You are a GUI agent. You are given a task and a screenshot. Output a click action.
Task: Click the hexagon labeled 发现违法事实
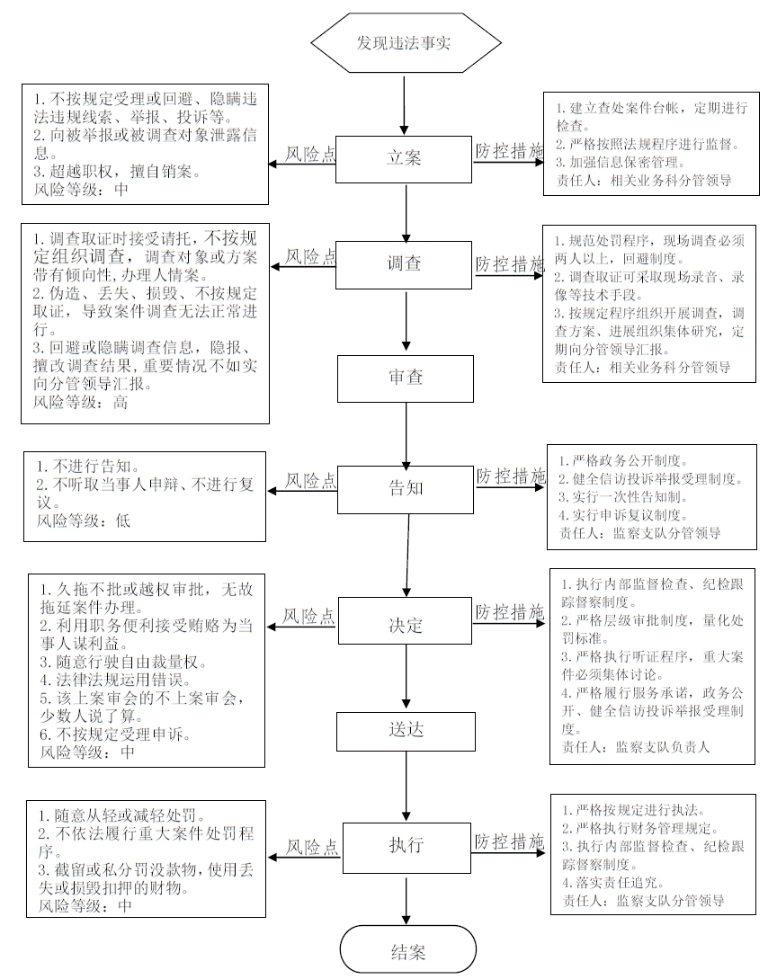pyautogui.click(x=406, y=43)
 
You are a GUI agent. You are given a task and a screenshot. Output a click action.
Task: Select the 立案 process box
pyautogui.click(x=404, y=158)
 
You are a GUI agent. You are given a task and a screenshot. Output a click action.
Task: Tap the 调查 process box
pyautogui.click(x=404, y=264)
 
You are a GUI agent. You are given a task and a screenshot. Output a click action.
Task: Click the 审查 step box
pyautogui.click(x=406, y=378)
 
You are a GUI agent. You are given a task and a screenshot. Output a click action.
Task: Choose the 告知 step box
pyautogui.click(x=406, y=489)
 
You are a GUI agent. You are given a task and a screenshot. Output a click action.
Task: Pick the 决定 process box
pyautogui.click(x=406, y=620)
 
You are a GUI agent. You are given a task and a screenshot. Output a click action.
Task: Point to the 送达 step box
pyautogui.click(x=406, y=731)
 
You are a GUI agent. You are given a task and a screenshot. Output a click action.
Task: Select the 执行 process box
pyautogui.click(x=406, y=848)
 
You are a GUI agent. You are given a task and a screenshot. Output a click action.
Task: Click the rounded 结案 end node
pyautogui.click(x=408, y=951)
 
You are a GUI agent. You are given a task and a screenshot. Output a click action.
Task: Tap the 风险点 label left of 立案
pyautogui.click(x=310, y=154)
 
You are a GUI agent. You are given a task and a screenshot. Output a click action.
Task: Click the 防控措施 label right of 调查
pyautogui.click(x=510, y=264)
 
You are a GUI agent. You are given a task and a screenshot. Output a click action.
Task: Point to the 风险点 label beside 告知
pyautogui.click(x=310, y=481)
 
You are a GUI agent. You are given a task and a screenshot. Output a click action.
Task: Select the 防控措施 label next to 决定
pyautogui.click(x=510, y=612)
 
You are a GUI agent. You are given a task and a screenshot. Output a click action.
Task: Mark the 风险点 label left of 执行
pyautogui.click(x=312, y=847)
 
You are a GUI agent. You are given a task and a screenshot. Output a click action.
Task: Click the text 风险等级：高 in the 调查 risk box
pyautogui.click(x=81, y=403)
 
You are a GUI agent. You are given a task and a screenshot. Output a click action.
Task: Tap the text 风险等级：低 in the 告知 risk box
pyautogui.click(x=83, y=521)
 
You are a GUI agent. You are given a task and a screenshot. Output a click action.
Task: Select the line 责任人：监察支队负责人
pyautogui.click(x=635, y=747)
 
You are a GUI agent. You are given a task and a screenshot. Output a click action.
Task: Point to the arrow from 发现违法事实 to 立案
pyautogui.click(x=405, y=105)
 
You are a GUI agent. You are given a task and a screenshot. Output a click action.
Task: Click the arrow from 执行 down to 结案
pyautogui.click(x=406, y=899)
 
